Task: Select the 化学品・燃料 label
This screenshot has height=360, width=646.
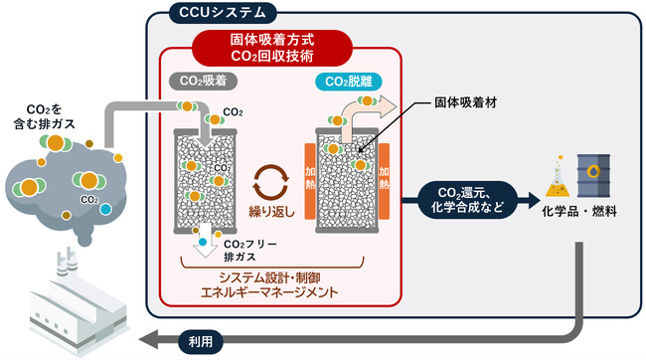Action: pyautogui.click(x=575, y=213)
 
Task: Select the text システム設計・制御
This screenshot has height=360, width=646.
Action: pyautogui.click(x=274, y=277)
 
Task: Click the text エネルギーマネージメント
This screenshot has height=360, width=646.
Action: pyautogui.click(x=274, y=294)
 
